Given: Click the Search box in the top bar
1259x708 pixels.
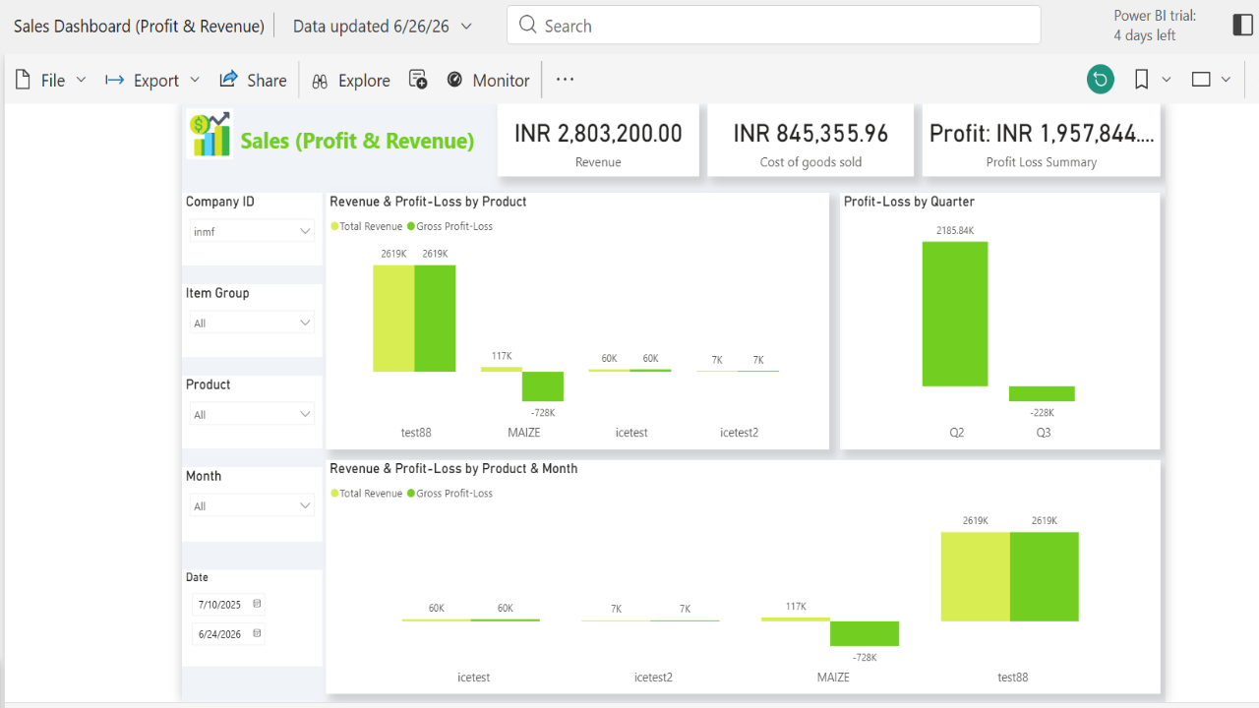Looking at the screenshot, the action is coord(773,26).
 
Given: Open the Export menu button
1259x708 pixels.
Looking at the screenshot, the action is coord(152,81).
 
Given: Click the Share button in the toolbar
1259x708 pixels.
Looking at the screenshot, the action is coord(253,81).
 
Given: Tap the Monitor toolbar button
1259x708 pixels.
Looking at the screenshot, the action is coord(488,81).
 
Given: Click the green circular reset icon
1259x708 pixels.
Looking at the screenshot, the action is coord(1100,80).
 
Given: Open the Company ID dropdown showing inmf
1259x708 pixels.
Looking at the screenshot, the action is coord(251,231).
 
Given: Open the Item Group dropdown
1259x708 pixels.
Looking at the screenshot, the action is coord(251,323).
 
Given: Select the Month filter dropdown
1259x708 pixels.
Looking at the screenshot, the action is coord(251,505).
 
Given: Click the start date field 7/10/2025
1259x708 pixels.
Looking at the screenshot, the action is coord(228,604).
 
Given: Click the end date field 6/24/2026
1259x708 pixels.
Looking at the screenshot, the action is coord(228,634).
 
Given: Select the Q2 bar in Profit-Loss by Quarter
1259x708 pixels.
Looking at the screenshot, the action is coord(955,314).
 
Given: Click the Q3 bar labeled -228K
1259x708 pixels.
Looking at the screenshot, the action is coord(1042,393).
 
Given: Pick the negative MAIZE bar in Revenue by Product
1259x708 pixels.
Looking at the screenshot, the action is coord(542,386).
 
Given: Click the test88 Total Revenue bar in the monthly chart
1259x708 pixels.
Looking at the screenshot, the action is coord(975,576).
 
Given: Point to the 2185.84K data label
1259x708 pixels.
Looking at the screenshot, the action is coord(955,230).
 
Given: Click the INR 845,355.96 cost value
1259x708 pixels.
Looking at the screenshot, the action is coord(810,134).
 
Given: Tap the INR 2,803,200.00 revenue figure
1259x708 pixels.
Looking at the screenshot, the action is coord(598,134).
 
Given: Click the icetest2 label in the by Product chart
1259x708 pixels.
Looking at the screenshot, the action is coord(739,433).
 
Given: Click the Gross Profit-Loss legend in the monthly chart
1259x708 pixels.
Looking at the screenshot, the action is coord(450,494).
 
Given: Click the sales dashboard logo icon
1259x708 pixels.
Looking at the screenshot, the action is coord(210,134).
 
